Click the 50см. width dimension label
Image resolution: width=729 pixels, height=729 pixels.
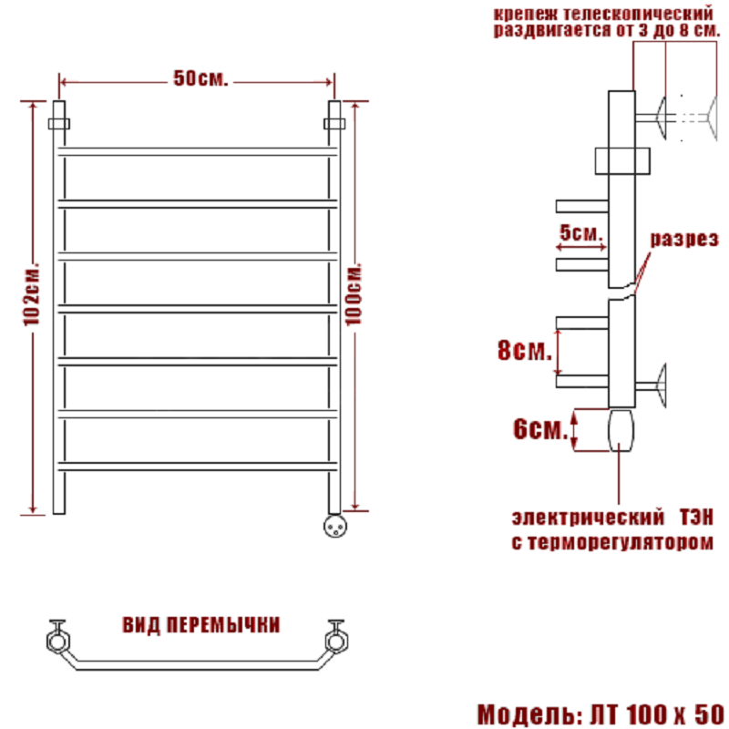pos(200,78)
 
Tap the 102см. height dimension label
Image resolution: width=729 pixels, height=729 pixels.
pos(32,294)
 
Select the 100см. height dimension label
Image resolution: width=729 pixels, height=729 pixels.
pos(354,294)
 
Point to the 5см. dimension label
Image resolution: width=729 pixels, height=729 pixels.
pos(580,232)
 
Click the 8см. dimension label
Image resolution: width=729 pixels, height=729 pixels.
pos(525,350)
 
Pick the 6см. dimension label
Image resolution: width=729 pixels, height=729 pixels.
pos(540,428)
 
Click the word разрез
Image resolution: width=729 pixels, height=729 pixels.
pos(684,239)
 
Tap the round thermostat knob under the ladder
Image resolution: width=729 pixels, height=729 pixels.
pos(335,526)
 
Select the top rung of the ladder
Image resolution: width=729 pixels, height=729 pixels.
pos(198,151)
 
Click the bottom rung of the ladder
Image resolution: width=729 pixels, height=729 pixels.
pos(198,467)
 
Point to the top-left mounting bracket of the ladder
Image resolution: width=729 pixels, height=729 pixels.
pos(59,124)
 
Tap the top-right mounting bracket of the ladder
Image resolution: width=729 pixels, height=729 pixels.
pos(334,124)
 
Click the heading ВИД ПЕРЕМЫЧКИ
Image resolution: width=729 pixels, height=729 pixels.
pos(201,625)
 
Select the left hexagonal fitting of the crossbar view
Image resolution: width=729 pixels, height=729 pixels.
pos(58,642)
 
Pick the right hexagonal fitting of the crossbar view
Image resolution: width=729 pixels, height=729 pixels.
pos(336,642)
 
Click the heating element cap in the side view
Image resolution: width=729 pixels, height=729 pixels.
pos(621,430)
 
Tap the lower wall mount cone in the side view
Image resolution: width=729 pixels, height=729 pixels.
pos(660,385)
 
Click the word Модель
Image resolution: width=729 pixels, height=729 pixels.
pos(529,714)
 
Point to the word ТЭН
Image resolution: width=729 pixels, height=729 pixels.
pos(696,518)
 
